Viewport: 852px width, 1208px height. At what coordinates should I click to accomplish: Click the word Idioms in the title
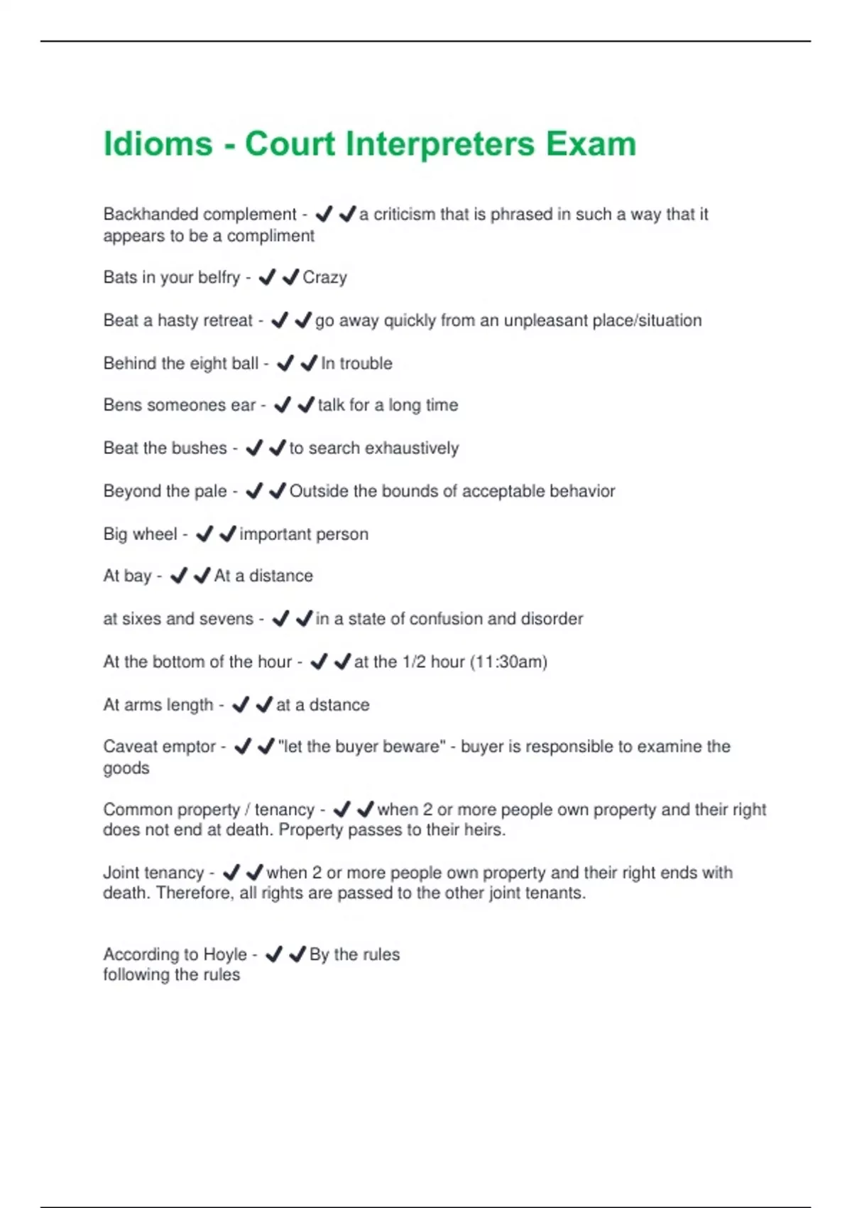click(x=158, y=144)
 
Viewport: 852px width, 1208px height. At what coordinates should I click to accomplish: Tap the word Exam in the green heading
click(x=591, y=144)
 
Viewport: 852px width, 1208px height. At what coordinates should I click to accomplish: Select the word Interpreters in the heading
click(x=439, y=144)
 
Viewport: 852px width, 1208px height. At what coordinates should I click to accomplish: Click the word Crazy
click(x=324, y=278)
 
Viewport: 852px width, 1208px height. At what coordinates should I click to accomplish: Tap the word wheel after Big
click(x=156, y=534)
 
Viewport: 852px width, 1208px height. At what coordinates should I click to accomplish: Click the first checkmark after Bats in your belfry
click(x=267, y=277)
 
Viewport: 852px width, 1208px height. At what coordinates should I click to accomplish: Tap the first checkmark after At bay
click(x=179, y=575)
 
